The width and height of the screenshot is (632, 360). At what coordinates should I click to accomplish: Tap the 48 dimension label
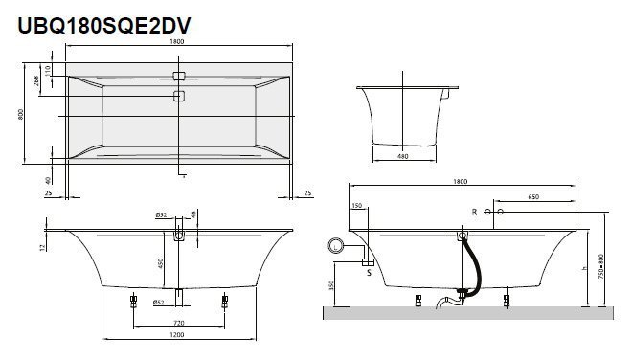click(x=193, y=214)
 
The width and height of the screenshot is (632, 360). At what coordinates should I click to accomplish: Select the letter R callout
click(x=473, y=211)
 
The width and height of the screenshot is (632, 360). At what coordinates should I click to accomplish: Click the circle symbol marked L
click(x=338, y=247)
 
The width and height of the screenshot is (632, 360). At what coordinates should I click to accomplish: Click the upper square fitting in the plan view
click(x=178, y=76)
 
